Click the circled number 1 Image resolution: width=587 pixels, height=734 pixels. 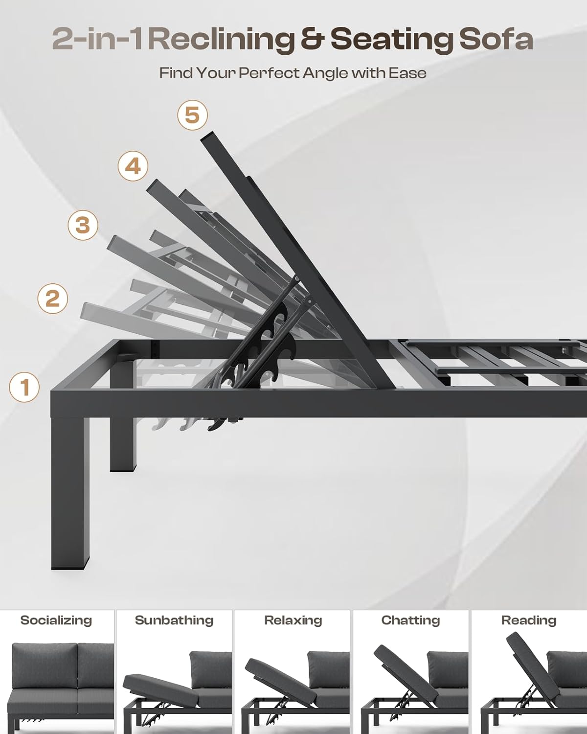[24, 387]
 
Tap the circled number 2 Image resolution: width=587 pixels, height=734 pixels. [52, 298]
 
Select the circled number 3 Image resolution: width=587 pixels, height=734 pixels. [83, 225]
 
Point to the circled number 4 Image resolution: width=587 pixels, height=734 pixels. [133, 166]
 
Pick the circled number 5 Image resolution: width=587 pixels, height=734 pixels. [192, 115]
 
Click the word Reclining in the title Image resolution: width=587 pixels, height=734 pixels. [222, 40]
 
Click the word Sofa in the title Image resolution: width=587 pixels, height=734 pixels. [497, 40]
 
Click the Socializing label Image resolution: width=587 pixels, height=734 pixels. [56, 620]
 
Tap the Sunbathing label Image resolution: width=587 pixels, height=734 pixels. [174, 620]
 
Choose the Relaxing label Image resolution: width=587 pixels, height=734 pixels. [293, 620]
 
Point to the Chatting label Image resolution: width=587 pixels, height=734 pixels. [411, 620]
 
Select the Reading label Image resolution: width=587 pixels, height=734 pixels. [529, 620]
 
